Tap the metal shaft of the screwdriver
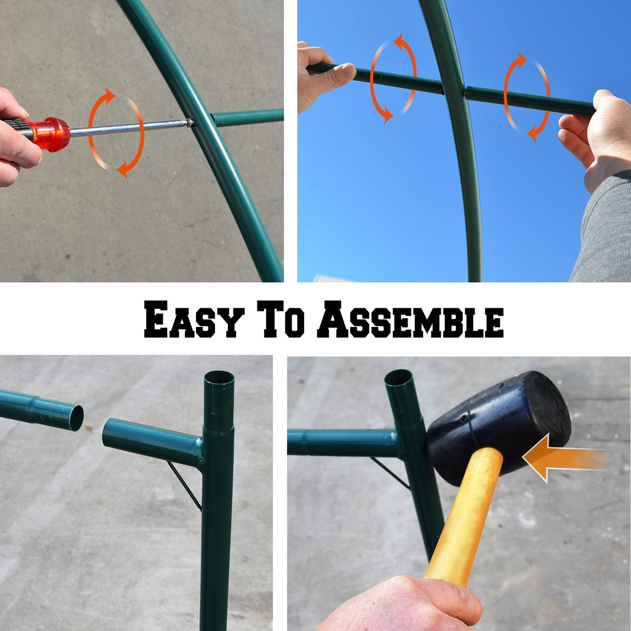(130, 128)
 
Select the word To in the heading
(283, 319)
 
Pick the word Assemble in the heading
(411, 320)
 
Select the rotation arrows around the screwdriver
(116, 132)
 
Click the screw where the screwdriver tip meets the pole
(190, 123)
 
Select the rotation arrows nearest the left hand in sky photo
(393, 78)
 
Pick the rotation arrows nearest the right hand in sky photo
(527, 97)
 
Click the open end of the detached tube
(76, 418)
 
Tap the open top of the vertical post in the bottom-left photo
(219, 377)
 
